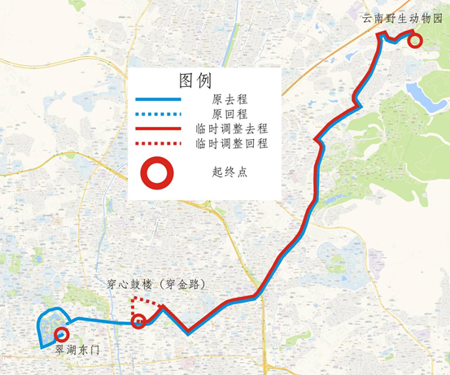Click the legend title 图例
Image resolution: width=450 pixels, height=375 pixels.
(195, 81)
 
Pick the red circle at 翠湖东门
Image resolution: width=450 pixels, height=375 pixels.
(60, 334)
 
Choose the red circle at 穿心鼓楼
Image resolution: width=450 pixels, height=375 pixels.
(138, 322)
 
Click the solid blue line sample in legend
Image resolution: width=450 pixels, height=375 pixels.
(159, 100)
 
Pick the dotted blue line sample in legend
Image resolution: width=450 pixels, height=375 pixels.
(159, 115)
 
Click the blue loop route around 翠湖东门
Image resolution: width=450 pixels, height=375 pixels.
(42, 325)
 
